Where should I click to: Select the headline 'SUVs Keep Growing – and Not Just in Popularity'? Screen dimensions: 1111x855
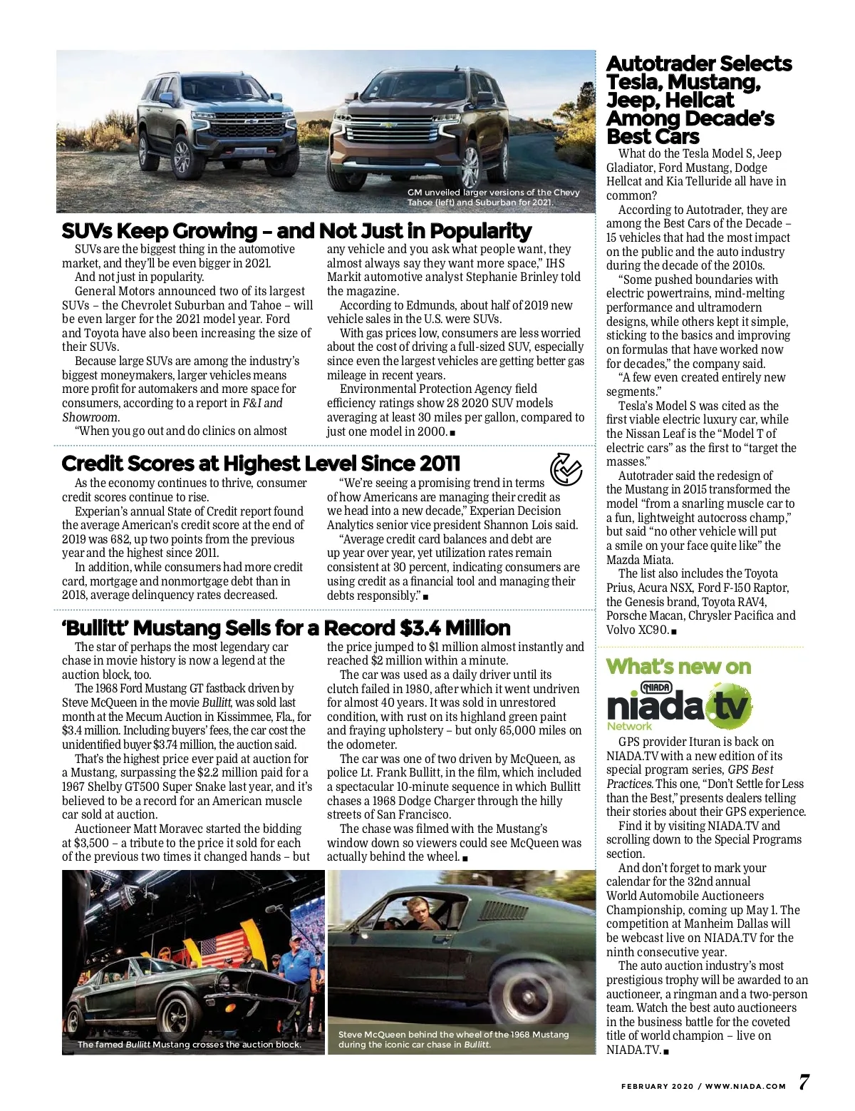click(296, 231)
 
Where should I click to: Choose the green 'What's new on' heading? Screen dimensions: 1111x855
click(678, 667)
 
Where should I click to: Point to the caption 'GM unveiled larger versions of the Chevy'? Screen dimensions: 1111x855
click(493, 193)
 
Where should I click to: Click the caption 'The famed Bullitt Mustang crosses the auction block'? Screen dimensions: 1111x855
click(189, 1045)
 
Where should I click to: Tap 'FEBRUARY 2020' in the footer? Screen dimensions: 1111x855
click(657, 1087)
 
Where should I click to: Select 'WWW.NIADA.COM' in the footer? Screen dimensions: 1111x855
click(745, 1087)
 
